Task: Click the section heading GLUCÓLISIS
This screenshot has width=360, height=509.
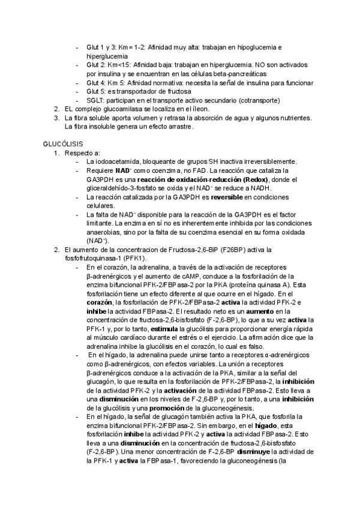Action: (x=63, y=144)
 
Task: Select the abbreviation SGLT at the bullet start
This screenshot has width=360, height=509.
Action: (x=95, y=100)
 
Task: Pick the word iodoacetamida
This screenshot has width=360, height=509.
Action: (x=116, y=161)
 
